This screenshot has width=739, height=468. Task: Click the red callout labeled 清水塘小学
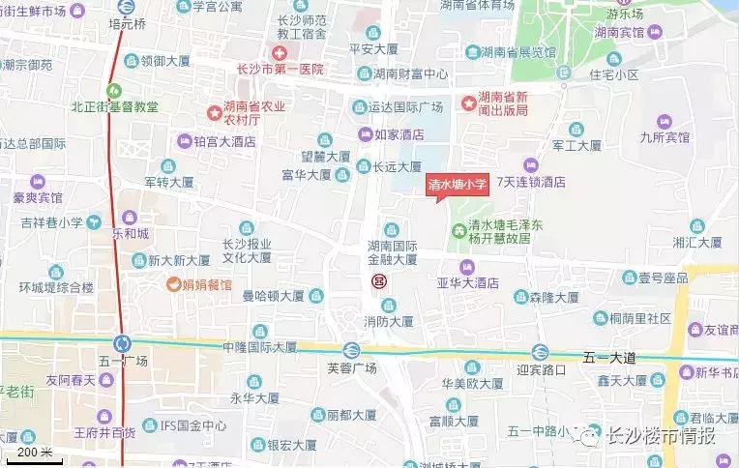coord(458,185)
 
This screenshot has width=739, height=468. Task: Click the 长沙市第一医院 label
coord(280,71)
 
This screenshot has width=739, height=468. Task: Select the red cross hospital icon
coord(280,52)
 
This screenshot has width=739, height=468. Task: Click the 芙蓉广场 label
coord(351,367)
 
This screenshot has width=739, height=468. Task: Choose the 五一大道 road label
coord(609,358)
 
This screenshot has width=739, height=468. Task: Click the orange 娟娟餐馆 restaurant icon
coord(173,284)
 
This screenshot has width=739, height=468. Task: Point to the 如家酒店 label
coord(399,134)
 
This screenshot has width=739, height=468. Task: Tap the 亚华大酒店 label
coord(467,283)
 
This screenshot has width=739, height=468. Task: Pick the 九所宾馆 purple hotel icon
coord(665,122)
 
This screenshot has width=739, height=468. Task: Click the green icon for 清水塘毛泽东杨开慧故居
coord(458,230)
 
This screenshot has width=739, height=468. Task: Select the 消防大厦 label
coord(389,321)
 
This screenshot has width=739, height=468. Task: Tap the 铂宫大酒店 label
coord(222,141)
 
